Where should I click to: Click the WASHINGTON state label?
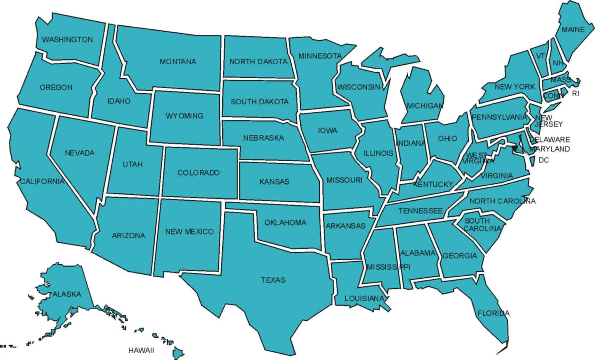(67, 39)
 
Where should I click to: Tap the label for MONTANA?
(178, 62)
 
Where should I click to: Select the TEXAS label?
(273, 280)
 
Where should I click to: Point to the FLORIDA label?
(493, 313)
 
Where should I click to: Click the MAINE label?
(573, 29)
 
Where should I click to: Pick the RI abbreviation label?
(575, 94)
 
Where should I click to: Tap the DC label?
(543, 160)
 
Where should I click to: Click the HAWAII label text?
(141, 351)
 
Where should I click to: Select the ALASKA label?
(67, 294)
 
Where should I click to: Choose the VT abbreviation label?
(540, 56)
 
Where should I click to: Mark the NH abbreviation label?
(558, 63)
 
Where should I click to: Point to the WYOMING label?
(184, 116)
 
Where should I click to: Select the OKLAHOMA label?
(285, 222)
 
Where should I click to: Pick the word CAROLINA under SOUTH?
(482, 229)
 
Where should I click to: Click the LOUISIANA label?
(364, 298)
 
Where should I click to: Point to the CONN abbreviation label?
(553, 96)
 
